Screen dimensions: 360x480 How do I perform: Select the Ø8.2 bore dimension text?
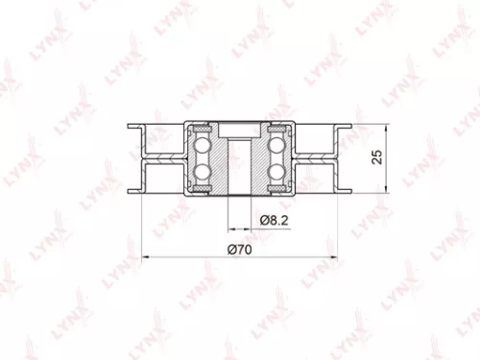(x=275, y=221)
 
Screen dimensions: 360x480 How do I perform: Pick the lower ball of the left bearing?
(x=204, y=172)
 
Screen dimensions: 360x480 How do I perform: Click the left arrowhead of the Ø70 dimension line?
(x=145, y=257)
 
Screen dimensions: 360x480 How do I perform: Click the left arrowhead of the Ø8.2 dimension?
(x=230, y=228)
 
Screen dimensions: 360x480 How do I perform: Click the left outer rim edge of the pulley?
(x=142, y=157)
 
